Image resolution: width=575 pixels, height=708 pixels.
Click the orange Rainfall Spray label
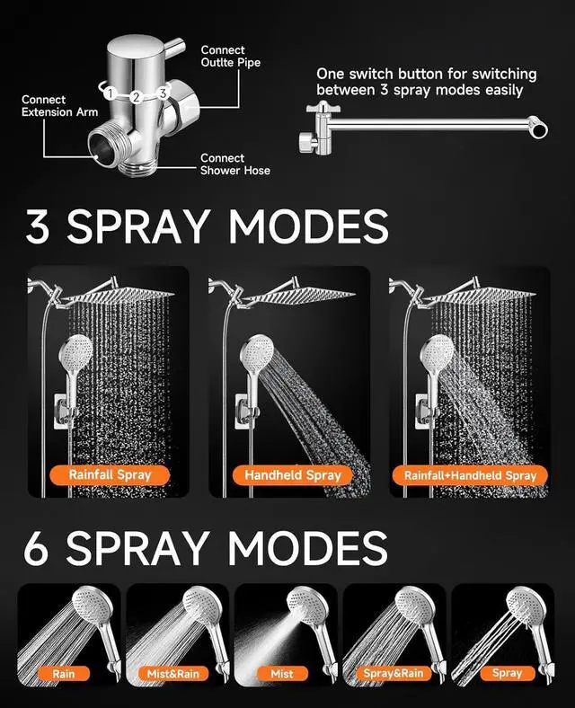click(111, 473)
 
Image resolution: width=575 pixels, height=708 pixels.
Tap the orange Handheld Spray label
click(293, 474)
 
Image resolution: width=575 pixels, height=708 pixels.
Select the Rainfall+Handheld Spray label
click(471, 474)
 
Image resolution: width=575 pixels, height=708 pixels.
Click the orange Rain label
click(64, 672)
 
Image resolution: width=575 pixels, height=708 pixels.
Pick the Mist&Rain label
click(173, 672)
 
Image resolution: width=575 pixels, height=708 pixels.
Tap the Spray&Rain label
click(393, 672)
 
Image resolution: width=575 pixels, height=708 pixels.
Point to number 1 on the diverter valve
click(109, 93)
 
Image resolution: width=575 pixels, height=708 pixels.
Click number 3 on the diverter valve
click(162, 93)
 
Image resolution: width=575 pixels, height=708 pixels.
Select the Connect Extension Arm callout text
click(59, 106)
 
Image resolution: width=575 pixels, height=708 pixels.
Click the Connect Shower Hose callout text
click(234, 164)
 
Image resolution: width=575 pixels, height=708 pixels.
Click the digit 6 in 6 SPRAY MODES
click(36, 549)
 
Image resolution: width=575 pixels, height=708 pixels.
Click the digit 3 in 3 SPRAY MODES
click(39, 227)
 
